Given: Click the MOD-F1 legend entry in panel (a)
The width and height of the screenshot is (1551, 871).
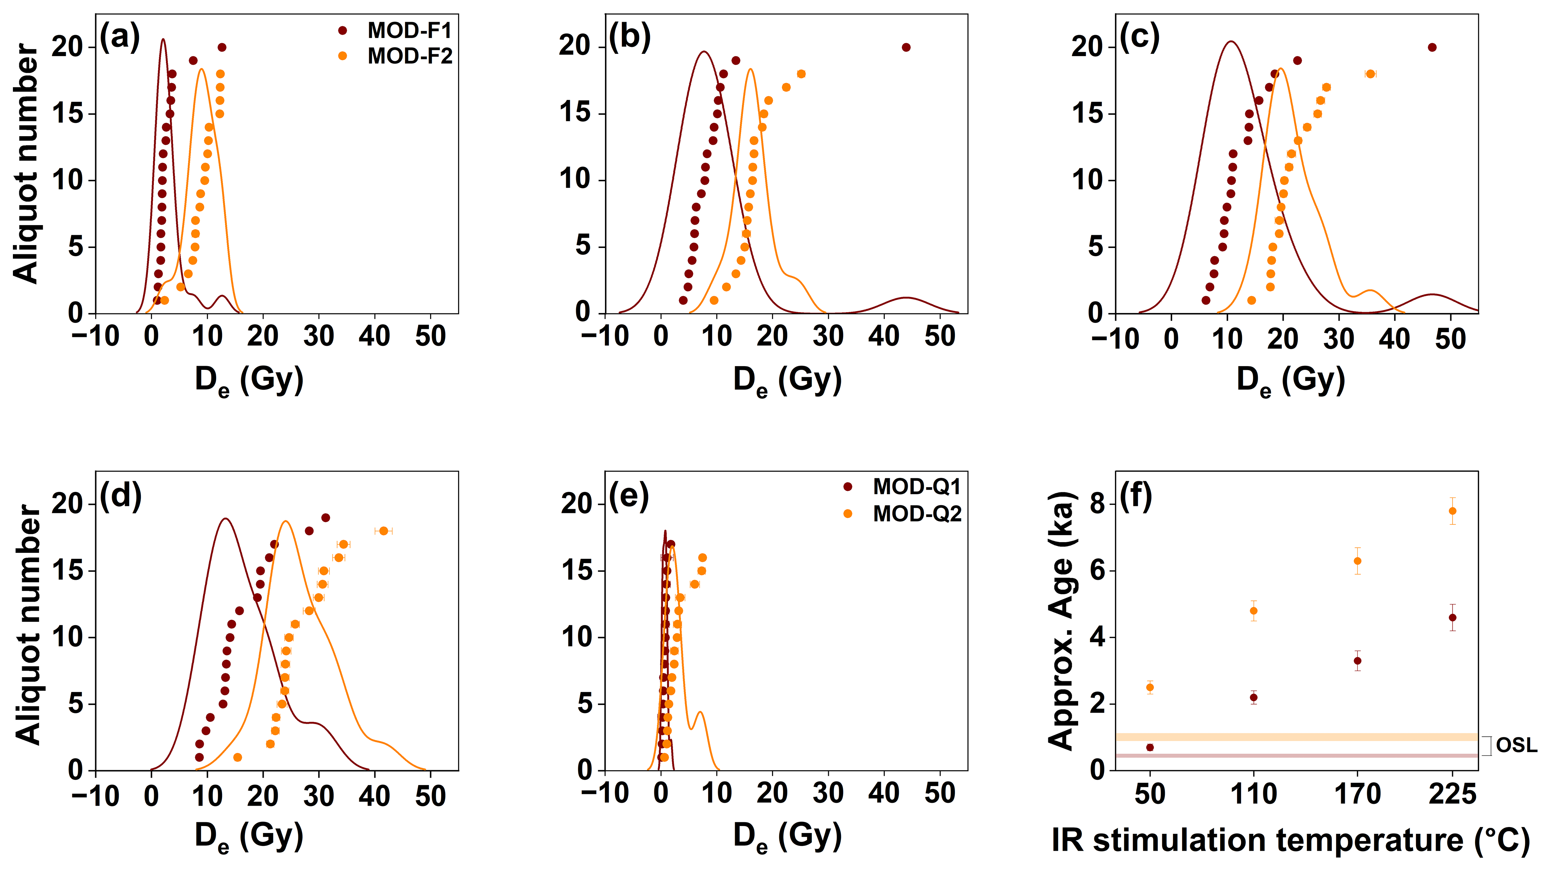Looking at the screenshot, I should tap(409, 30).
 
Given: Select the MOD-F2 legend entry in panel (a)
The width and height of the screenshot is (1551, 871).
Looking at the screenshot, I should tap(409, 56).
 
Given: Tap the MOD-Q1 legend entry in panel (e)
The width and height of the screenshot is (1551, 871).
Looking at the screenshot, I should tap(916, 487).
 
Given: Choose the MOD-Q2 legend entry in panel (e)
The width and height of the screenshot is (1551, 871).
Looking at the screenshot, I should tap(916, 514).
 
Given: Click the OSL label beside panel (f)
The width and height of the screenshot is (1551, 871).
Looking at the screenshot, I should tap(1516, 745).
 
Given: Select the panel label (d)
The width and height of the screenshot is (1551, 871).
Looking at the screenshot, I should tap(120, 495).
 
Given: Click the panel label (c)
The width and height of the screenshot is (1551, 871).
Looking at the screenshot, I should tap(1139, 37).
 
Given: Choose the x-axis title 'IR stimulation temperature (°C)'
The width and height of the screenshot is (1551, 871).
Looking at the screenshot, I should tap(1290, 841).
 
